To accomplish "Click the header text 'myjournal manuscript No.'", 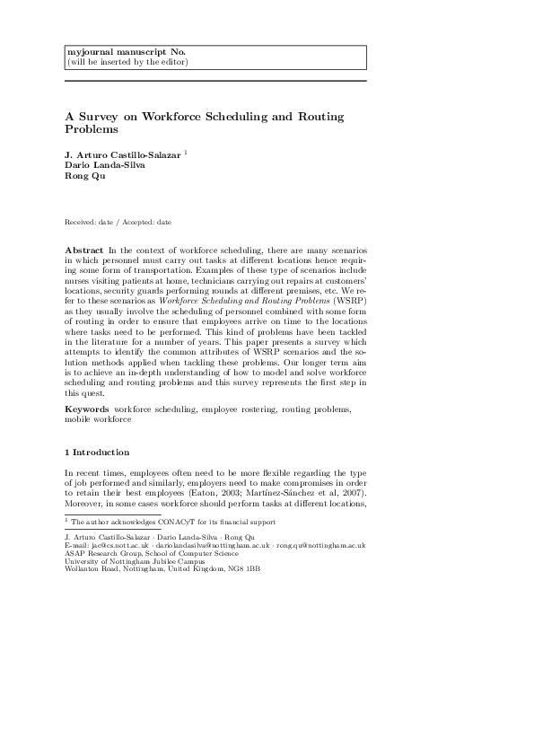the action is point(120,52).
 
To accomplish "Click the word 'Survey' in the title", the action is point(105,117).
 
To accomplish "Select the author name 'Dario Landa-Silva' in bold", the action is point(101,166).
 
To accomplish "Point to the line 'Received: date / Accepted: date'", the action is point(118,222).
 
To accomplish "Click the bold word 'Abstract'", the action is point(86,249).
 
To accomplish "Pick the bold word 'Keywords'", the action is point(89,409).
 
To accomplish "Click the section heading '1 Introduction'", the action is point(97,453).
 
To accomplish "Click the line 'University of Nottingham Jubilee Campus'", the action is point(134,561).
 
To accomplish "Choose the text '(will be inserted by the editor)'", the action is point(127,62).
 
